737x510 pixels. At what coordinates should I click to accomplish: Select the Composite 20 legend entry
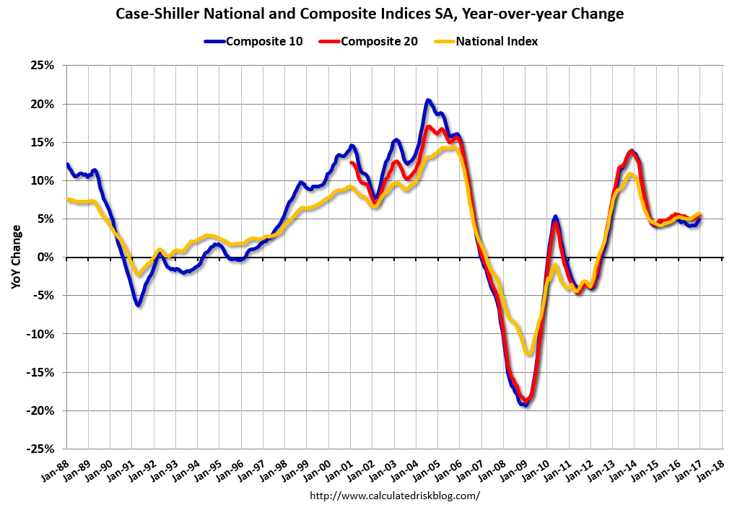372,41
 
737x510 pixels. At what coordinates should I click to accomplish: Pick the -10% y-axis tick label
42,334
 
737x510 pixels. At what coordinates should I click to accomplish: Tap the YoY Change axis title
16,257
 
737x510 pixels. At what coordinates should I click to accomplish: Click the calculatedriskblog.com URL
394,496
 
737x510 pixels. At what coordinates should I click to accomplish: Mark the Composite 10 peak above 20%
428,100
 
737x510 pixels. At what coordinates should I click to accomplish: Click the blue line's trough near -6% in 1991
138,305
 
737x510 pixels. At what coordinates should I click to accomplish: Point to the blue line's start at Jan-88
67,164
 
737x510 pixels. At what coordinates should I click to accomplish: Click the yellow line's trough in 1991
138,274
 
